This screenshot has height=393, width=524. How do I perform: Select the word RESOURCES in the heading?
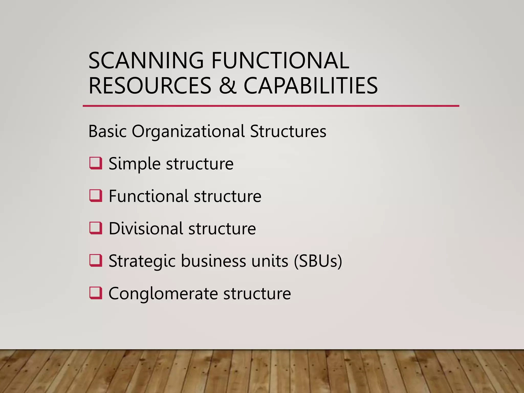tap(150, 85)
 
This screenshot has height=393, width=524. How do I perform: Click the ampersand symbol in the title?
tap(227, 85)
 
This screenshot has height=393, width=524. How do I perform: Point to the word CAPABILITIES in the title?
tap(311, 85)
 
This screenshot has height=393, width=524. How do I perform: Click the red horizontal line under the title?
tap(271, 106)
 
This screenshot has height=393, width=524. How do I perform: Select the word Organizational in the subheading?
tap(188, 131)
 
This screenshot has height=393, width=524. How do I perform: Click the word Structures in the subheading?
tap(288, 131)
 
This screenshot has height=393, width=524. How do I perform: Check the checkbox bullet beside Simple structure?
tap(96, 163)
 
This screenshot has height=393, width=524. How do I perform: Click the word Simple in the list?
tap(134, 164)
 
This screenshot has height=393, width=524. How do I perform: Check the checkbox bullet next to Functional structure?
tap(96, 196)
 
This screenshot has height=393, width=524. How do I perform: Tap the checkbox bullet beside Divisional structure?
tap(96, 228)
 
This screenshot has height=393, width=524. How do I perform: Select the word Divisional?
tap(146, 228)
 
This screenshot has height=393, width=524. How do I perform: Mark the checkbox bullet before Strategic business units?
tap(96, 260)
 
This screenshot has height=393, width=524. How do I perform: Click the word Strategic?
tap(142, 261)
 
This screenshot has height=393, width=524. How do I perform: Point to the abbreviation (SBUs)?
tap(318, 261)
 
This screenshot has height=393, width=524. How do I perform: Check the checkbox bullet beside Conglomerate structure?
tap(96, 293)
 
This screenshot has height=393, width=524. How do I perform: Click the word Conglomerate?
tap(163, 293)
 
